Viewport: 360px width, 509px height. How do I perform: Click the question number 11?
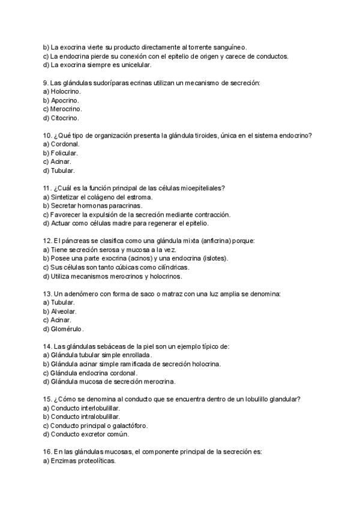[x=47, y=188]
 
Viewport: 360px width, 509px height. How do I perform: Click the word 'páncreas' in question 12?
[x=76, y=241]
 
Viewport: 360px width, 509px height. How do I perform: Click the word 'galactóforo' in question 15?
[x=128, y=426]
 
